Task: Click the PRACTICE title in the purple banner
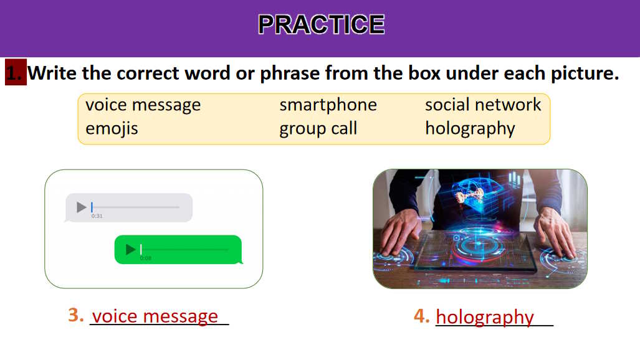coord(321,24)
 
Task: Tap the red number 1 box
coord(16,72)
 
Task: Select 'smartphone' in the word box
coord(328,105)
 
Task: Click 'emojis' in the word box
coord(112,128)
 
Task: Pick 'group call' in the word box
coord(318,129)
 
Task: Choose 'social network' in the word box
coord(483,105)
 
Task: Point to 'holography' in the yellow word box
coord(470,129)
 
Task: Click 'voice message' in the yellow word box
coord(143,105)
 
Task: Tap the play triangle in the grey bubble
coord(81,207)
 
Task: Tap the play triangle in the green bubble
coord(130,249)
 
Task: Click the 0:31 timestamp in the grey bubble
coord(97,216)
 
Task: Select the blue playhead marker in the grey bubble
coord(92,207)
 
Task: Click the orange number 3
coord(75,315)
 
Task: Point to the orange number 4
coord(421,316)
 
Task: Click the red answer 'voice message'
coord(155,316)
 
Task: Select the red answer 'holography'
coord(484,318)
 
